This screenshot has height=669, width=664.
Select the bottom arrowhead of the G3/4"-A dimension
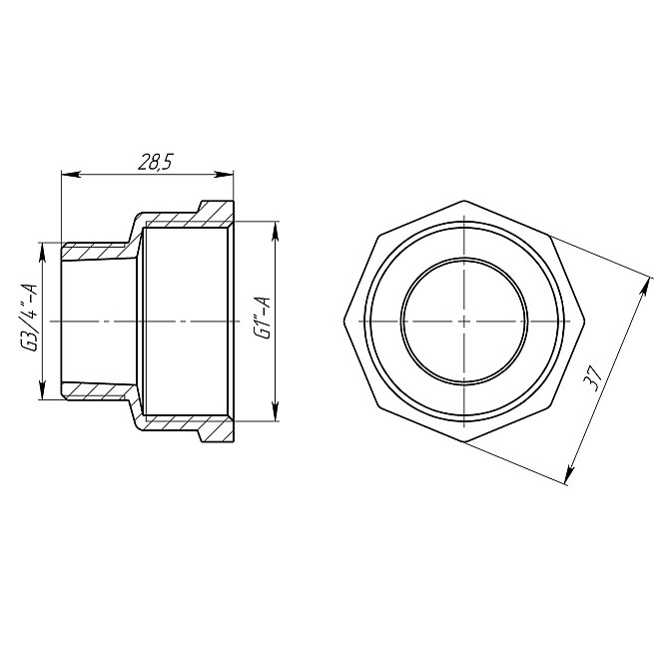tap(42, 396)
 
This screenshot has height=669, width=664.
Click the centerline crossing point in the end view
tap(463, 321)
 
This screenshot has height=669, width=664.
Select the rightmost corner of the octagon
tap(584, 321)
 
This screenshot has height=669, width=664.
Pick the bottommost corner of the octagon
tap(463, 441)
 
